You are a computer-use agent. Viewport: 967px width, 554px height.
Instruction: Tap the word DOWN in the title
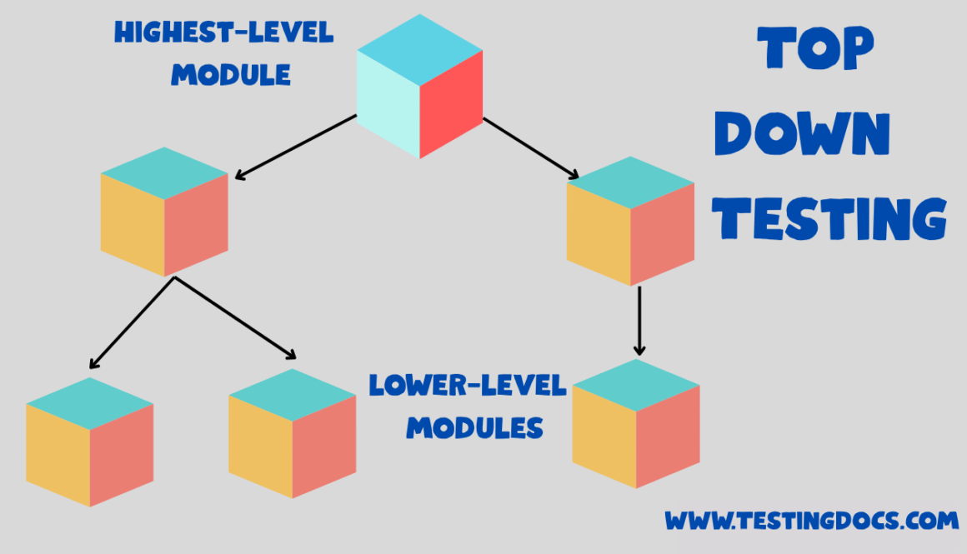click(x=802, y=133)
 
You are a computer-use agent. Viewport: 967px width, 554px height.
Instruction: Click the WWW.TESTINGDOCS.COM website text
click(x=811, y=522)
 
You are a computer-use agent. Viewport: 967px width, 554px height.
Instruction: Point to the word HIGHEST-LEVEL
click(x=223, y=33)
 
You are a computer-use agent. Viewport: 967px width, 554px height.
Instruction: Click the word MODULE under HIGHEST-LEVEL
click(x=231, y=75)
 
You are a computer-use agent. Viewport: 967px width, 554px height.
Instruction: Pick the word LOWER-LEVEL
click(x=468, y=386)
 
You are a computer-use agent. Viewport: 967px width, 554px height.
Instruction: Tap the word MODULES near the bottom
click(x=474, y=428)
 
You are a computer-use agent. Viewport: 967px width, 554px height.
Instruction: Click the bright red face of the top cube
click(x=451, y=103)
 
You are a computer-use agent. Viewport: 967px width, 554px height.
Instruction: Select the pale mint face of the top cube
click(x=388, y=103)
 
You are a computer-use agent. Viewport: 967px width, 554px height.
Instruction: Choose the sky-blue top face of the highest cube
click(x=419, y=49)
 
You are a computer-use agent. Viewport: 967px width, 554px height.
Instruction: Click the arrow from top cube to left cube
click(x=296, y=147)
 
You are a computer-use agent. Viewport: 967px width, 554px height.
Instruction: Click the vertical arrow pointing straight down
click(x=639, y=320)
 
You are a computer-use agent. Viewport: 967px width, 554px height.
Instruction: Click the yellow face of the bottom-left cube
click(x=58, y=455)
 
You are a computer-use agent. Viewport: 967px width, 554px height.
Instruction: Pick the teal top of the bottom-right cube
click(x=636, y=385)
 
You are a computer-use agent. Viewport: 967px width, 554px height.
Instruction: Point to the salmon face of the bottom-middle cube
click(x=324, y=446)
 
